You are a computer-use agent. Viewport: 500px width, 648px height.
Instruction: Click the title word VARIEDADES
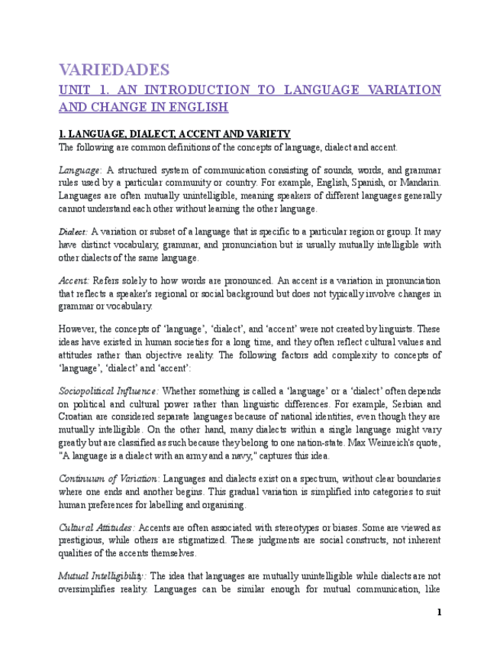click(114, 70)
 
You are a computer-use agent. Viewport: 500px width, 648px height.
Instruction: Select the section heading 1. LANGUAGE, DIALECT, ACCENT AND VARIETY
click(174, 134)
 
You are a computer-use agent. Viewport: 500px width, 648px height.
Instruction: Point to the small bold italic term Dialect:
click(73, 232)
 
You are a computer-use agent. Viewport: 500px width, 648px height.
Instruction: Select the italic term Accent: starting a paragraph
click(74, 280)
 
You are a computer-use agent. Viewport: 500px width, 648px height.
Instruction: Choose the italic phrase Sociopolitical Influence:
click(108, 391)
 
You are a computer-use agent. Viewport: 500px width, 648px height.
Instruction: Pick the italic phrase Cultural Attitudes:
click(97, 528)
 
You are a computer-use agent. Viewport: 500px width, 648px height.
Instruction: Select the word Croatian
click(79, 416)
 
